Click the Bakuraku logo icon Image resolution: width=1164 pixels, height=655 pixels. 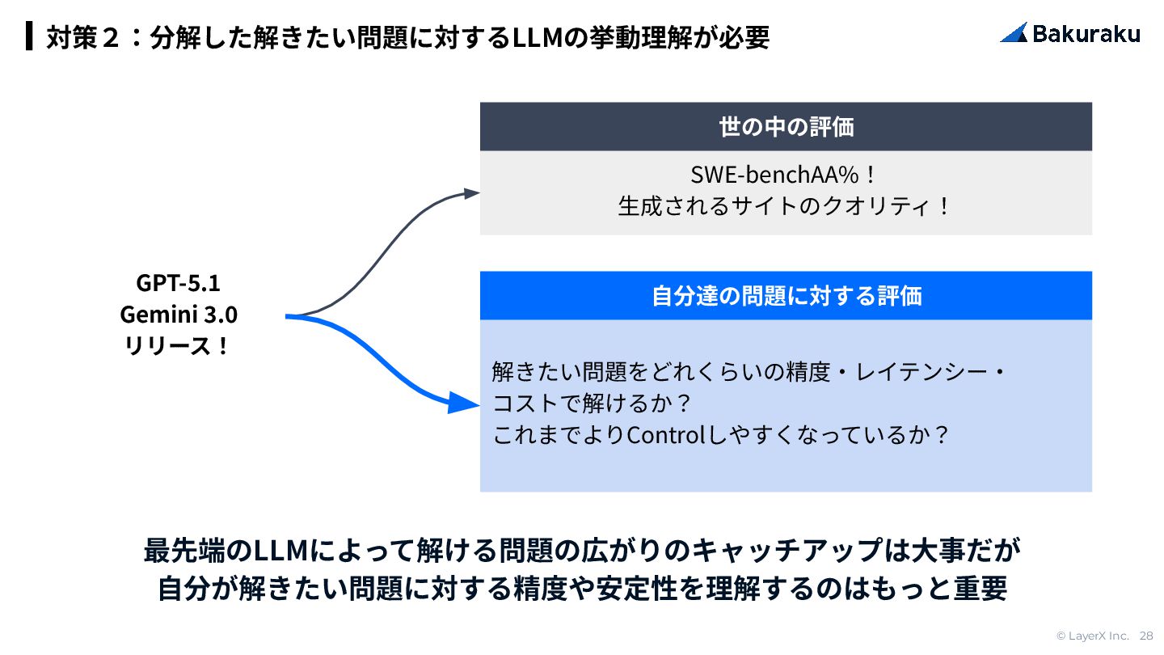(1014, 32)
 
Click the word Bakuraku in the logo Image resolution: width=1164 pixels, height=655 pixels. (1086, 33)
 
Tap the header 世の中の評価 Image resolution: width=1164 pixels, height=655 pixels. (786, 127)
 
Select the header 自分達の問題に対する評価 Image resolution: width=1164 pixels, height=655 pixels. (786, 296)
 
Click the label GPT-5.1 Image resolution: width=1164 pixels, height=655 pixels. (178, 283)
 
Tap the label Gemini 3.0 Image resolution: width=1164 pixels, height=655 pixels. (178, 314)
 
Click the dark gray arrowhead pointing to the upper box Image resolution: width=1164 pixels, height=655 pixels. (471, 192)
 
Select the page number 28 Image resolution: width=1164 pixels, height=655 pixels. (1146, 636)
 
